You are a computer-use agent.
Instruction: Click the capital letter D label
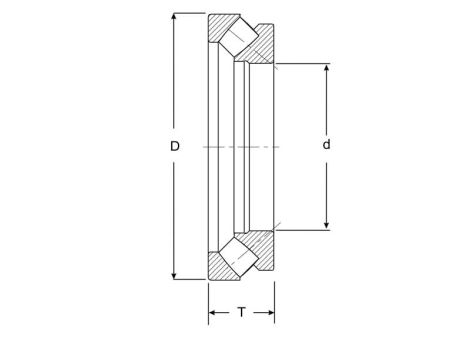[175, 146]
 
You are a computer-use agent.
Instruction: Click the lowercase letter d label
[326, 145]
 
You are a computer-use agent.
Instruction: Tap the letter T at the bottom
[241, 313]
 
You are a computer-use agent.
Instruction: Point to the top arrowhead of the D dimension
[175, 18]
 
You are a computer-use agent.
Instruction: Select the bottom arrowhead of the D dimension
[175, 274]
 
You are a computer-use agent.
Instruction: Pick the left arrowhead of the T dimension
[213, 313]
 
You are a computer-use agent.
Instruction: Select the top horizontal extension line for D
[190, 13]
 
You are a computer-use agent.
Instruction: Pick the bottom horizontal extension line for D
[190, 279]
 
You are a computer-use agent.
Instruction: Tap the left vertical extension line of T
[208, 300]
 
